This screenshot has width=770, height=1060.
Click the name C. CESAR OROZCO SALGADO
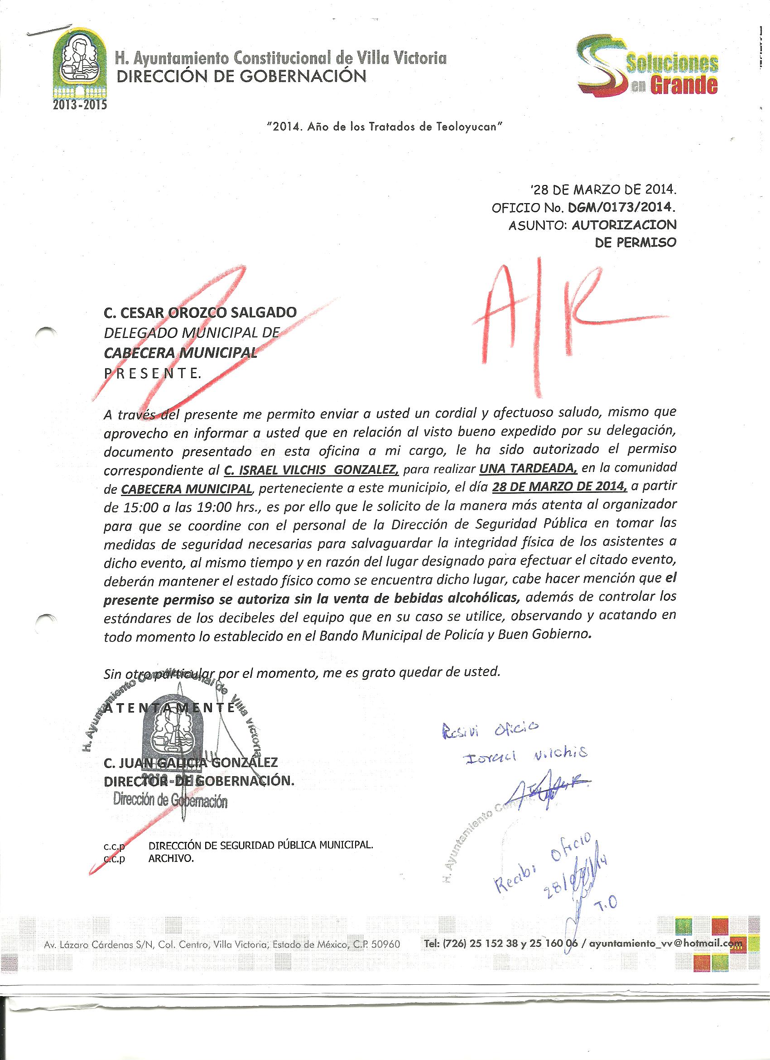coord(200,312)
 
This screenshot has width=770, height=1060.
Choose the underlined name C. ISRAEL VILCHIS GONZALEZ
coord(312,469)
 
